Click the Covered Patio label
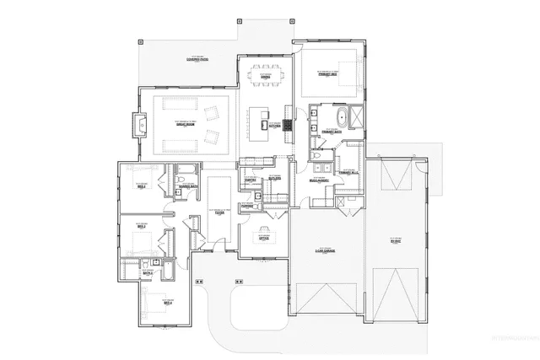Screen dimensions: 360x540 (197, 59)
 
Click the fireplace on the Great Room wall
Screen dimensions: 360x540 (138, 125)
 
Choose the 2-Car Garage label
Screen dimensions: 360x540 (326, 251)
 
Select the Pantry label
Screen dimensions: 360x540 (251, 180)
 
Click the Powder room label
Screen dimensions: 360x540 (248, 206)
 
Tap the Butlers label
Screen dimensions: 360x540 (275, 180)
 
